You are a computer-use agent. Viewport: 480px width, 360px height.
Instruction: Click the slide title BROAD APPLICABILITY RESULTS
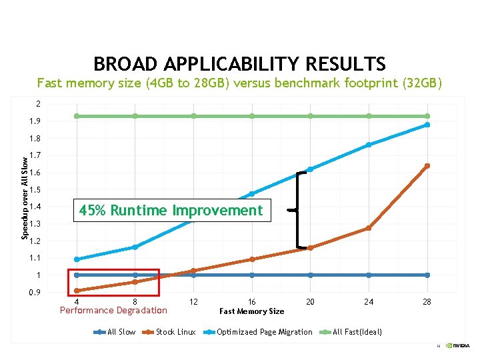pyautogui.click(x=239, y=64)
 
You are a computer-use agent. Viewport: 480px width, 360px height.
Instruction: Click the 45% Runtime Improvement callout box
pyautogui.click(x=171, y=211)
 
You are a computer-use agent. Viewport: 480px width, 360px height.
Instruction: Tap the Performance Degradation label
pyautogui.click(x=113, y=310)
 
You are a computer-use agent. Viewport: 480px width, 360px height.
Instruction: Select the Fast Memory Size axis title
pyautogui.click(x=251, y=311)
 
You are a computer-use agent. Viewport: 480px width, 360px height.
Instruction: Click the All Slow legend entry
pyautogui.click(x=121, y=332)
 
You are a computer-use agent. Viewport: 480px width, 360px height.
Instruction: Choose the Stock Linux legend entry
pyautogui.click(x=175, y=332)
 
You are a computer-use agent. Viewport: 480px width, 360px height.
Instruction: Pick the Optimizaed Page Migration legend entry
pyautogui.click(x=264, y=332)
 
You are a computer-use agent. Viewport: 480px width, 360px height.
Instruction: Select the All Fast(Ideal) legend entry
pyautogui.click(x=357, y=332)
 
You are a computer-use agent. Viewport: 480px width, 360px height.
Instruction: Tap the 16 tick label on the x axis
pyautogui.click(x=252, y=302)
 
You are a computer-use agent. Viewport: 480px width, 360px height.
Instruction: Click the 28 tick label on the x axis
pyautogui.click(x=427, y=302)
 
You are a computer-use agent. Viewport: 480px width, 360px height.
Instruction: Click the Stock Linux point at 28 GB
pyautogui.click(x=427, y=166)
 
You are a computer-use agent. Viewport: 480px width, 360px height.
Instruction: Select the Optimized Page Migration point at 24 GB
pyautogui.click(x=369, y=145)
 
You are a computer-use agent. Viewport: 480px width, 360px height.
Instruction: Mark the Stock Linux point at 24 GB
pyautogui.click(x=369, y=228)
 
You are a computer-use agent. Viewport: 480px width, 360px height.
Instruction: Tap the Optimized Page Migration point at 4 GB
pyautogui.click(x=77, y=259)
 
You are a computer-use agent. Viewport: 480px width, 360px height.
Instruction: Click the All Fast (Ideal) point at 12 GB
pyautogui.click(x=193, y=116)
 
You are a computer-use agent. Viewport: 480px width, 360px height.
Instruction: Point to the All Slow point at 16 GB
pyautogui.click(x=252, y=275)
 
